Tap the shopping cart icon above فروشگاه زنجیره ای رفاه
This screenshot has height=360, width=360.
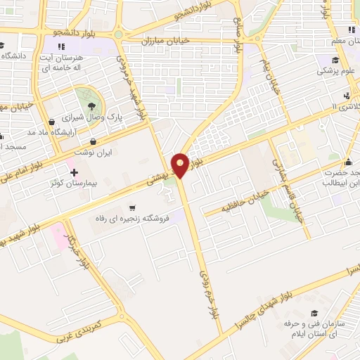pos(133,207)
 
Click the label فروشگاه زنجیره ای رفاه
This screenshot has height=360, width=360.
pos(133,219)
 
